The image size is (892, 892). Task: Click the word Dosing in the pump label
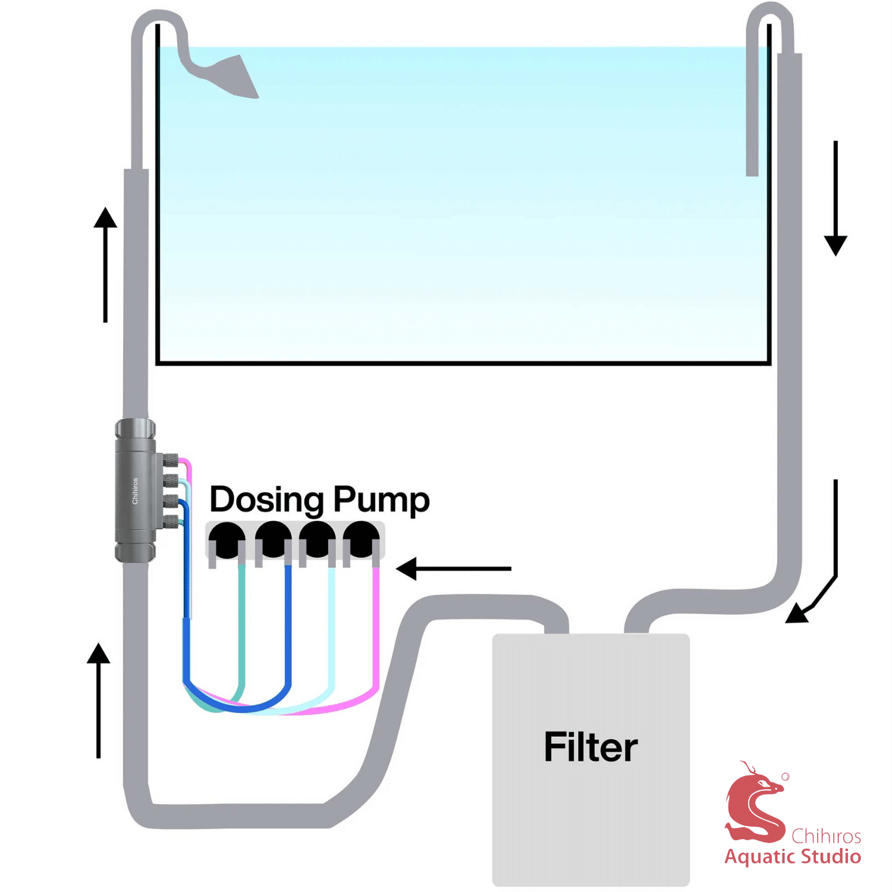point(267,500)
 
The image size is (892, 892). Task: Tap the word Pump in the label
point(381,501)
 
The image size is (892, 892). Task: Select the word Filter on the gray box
point(591,747)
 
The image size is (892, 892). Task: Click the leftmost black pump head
point(226,540)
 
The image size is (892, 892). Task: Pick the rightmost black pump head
point(361,540)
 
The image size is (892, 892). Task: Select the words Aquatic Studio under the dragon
point(793,857)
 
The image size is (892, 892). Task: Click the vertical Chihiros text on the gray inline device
point(135,491)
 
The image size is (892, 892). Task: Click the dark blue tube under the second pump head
point(288,624)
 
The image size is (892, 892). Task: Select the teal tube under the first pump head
point(241,624)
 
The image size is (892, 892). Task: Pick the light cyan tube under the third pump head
point(332,624)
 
